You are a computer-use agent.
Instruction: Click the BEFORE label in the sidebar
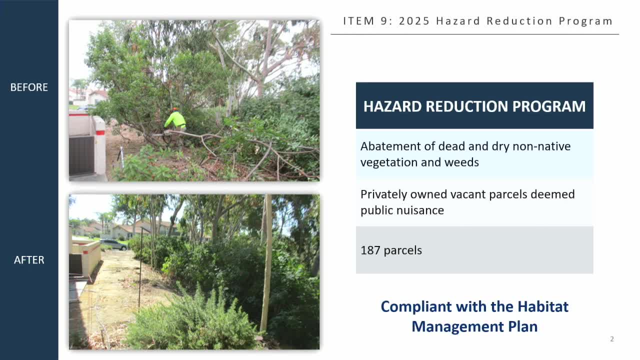tap(29, 87)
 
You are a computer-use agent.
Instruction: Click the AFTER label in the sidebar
tap(29, 260)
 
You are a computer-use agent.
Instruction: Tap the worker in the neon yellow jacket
tap(175, 121)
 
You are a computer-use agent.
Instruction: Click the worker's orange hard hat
tap(175, 109)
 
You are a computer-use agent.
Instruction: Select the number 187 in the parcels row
tap(370, 250)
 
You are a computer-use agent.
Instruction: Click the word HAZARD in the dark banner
tap(392, 106)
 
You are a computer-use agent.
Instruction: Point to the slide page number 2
tap(611, 339)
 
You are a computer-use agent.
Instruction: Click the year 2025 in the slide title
tap(414, 21)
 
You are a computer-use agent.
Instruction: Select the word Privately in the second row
tap(383, 195)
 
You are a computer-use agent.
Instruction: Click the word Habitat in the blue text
tap(543, 306)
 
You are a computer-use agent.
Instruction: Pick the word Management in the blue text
tap(457, 327)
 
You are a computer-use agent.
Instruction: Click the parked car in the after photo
tap(113, 244)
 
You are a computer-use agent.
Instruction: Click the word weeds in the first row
tap(461, 162)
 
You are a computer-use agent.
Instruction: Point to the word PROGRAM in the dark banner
tap(549, 106)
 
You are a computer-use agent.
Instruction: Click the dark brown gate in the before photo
tap(81, 155)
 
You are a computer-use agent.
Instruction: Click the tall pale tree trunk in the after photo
tap(267, 263)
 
